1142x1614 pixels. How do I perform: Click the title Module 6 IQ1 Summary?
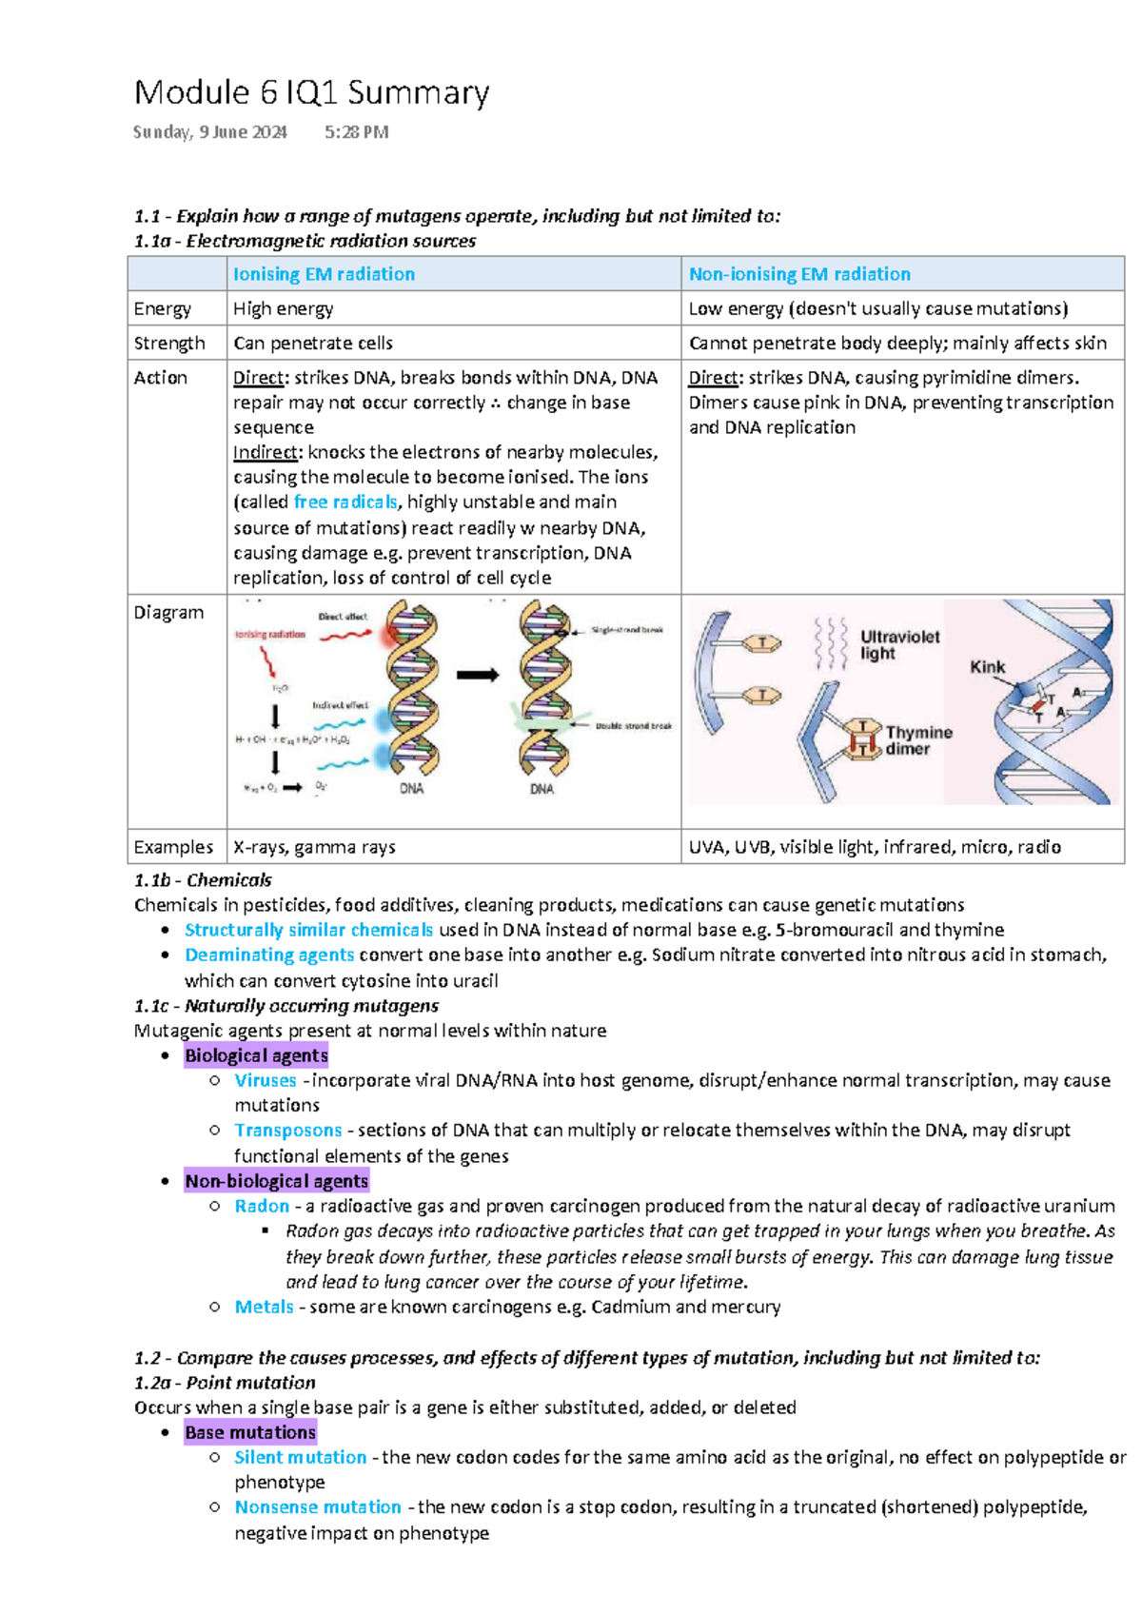point(311,93)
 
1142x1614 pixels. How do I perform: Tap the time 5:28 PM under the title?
point(356,132)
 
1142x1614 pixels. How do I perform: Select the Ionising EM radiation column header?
point(324,274)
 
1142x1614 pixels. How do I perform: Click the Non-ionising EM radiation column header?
point(799,274)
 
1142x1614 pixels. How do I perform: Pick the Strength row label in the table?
point(169,343)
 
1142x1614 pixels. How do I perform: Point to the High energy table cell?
point(284,308)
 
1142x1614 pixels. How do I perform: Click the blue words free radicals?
point(345,502)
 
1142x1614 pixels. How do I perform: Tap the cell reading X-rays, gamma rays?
point(314,847)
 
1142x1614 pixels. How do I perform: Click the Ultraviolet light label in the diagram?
point(898,644)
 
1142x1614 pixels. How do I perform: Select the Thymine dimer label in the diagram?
point(917,740)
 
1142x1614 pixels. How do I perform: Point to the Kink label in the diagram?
point(987,667)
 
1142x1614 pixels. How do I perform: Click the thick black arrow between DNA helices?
point(478,675)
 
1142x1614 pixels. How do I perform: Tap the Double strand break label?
point(633,726)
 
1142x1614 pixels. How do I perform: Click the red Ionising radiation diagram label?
point(270,635)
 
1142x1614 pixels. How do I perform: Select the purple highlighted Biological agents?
point(256,1054)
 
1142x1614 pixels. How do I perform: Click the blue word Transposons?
point(288,1130)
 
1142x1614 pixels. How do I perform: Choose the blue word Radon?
point(262,1206)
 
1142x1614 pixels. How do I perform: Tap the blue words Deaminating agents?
point(269,955)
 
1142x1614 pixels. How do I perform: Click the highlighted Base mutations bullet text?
point(250,1432)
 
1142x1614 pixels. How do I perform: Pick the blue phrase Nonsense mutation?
point(318,1506)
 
